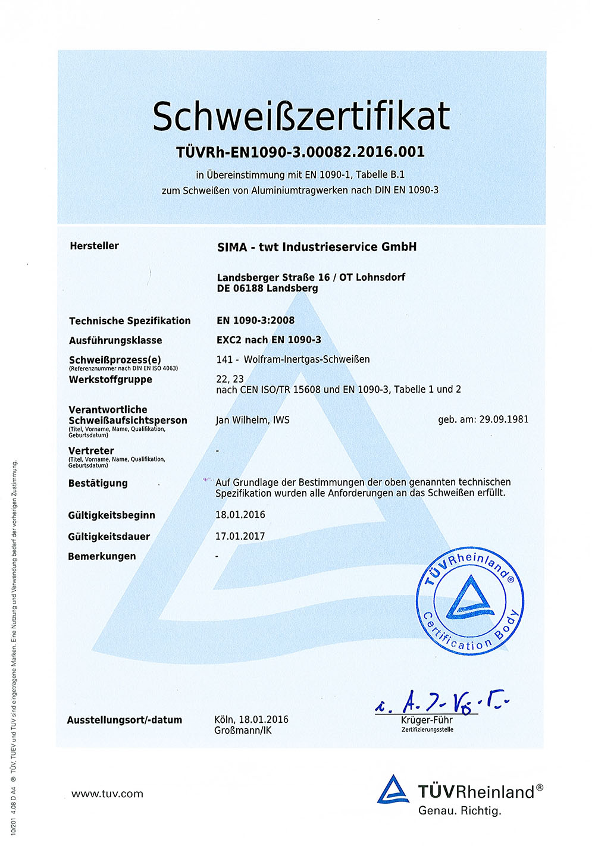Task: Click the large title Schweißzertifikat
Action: (x=301, y=116)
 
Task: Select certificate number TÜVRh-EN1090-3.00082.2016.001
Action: (x=300, y=152)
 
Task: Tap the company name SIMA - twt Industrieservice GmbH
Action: (x=317, y=247)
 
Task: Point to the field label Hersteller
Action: (x=94, y=246)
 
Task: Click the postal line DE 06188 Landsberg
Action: (x=267, y=289)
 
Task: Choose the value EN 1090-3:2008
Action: (x=255, y=320)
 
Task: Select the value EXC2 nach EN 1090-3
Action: (x=268, y=340)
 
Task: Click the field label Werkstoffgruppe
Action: (x=110, y=380)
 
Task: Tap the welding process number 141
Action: (x=224, y=359)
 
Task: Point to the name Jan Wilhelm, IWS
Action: (x=252, y=420)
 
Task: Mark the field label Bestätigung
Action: (x=98, y=483)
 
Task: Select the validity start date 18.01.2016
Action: (x=240, y=515)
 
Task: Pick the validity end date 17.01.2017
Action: (x=240, y=536)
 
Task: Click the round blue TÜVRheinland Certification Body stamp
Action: (x=470, y=601)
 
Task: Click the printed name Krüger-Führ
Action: (x=427, y=720)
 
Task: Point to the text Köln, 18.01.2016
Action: (x=251, y=719)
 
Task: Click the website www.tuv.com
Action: (x=107, y=794)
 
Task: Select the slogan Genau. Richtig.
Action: (x=459, y=810)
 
